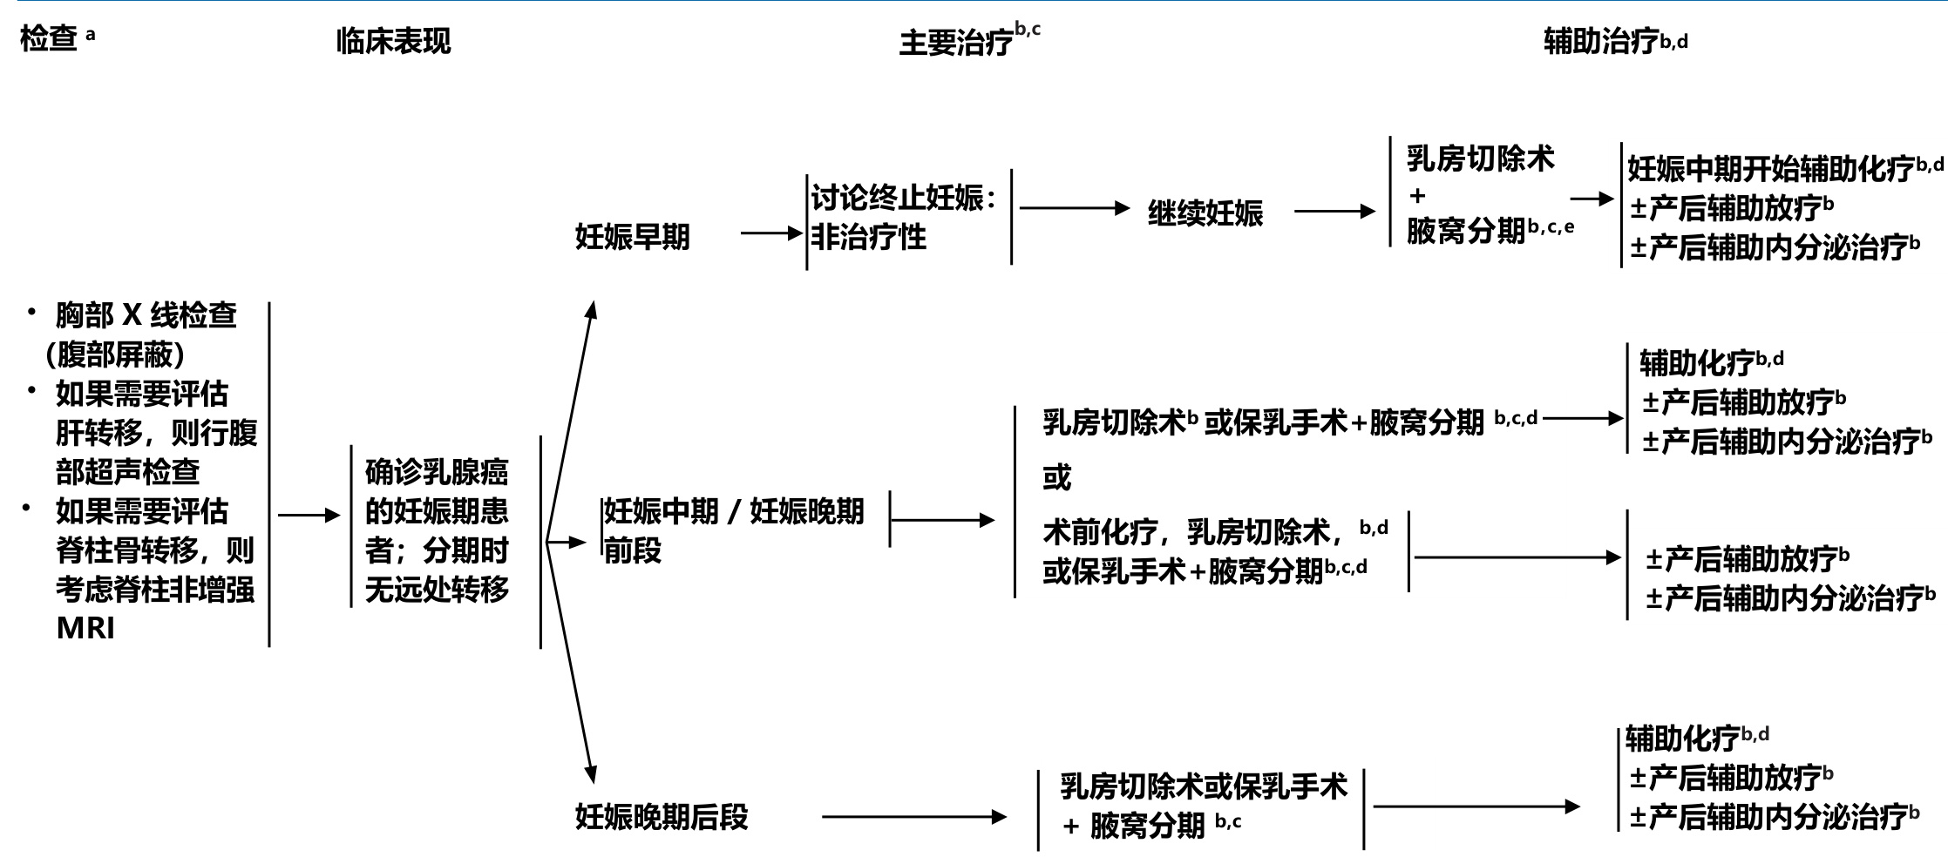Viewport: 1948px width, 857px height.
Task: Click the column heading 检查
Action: point(49,39)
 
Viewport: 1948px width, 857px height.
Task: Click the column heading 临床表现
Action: point(393,41)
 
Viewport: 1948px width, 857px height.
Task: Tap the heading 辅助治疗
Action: point(1600,41)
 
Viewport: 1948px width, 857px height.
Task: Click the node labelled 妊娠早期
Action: point(632,236)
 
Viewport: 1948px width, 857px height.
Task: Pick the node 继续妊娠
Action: point(1205,213)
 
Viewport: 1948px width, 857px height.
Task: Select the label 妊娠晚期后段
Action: point(662,817)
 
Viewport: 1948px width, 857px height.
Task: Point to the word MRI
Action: point(85,628)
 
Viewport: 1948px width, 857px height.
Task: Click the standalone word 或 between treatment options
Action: point(1056,477)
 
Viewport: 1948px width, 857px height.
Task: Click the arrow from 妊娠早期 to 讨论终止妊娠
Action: point(771,233)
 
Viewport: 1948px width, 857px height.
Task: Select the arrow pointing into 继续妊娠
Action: point(1074,208)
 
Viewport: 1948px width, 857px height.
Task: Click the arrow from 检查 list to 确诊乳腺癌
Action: point(309,516)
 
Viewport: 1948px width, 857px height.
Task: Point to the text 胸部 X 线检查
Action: point(146,315)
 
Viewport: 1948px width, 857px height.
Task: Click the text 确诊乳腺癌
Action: point(436,472)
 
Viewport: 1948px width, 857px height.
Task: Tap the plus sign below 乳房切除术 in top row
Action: point(1417,196)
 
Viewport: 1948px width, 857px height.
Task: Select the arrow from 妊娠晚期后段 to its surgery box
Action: point(913,817)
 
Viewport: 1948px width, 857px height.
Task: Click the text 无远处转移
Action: point(436,590)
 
